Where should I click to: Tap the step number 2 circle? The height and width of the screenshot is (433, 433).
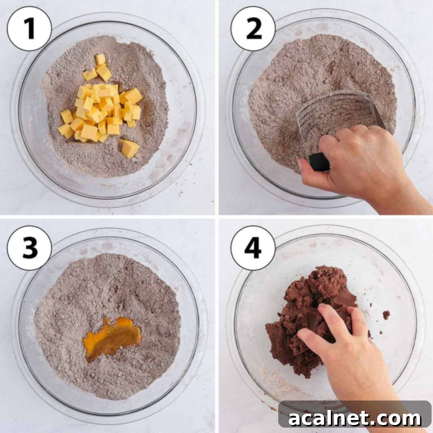click(253, 29)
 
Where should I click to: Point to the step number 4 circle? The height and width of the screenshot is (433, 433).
click(253, 248)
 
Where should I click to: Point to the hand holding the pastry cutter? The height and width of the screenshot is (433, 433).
click(357, 162)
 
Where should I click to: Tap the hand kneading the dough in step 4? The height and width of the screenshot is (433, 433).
click(346, 346)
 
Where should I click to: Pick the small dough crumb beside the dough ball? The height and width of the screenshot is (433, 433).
click(386, 315)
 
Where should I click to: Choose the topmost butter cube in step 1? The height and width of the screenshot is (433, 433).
click(100, 59)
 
